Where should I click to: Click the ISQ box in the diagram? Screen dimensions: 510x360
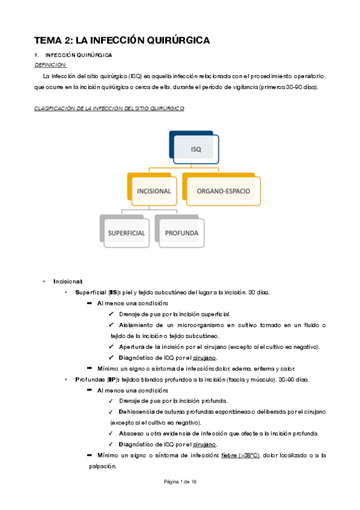coord(195,148)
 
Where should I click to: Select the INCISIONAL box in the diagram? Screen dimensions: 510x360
coord(154,191)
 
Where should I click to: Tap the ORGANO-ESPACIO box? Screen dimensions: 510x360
coord(224,191)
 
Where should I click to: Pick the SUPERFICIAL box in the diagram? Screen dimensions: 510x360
coord(126,232)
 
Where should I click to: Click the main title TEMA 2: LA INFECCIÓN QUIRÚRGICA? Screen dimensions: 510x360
coord(121,41)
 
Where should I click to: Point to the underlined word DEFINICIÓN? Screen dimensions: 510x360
coord(51,64)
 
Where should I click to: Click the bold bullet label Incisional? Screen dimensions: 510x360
coord(67,281)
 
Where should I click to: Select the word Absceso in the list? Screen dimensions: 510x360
coord(132,434)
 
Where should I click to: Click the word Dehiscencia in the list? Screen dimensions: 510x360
coord(138,412)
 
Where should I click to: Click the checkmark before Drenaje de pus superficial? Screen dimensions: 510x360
coord(112,314)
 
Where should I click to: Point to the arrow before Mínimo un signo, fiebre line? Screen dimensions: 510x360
coord(90,455)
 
